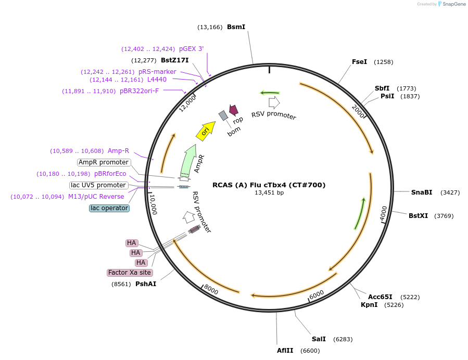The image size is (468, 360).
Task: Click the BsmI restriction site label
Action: (x=236, y=27)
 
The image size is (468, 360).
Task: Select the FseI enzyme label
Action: (x=359, y=62)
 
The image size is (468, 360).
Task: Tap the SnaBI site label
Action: (x=422, y=192)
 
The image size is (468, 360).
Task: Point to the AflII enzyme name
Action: (x=285, y=351)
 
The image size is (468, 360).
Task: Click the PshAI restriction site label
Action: (x=146, y=284)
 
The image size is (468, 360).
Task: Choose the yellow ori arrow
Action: (x=206, y=131)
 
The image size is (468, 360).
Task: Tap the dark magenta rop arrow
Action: (x=233, y=110)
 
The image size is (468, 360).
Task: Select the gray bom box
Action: (x=223, y=115)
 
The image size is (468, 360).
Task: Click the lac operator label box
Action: (x=109, y=208)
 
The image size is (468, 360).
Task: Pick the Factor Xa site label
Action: (x=130, y=273)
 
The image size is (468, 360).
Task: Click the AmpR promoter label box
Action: (x=104, y=162)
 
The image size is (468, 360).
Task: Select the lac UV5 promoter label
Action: (x=98, y=185)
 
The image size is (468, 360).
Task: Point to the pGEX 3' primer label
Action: (x=192, y=48)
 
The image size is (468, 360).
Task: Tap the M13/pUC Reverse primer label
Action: (x=96, y=197)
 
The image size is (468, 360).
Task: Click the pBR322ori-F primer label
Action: (x=140, y=91)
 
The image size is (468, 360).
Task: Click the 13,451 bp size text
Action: (x=269, y=192)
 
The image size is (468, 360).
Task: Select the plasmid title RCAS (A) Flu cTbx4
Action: (x=269, y=185)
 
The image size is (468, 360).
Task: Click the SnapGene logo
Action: (x=452, y=4)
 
